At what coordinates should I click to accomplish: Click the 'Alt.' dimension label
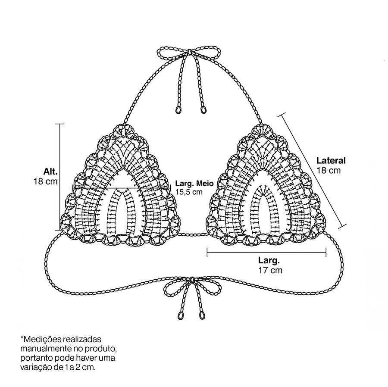50,171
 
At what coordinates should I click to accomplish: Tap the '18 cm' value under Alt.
46,181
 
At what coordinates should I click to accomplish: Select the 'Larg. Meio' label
194,184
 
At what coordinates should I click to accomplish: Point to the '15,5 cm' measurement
189,192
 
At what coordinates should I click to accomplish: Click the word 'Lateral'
331,160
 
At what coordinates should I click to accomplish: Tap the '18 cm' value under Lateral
329,170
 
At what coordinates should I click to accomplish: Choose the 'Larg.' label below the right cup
269,260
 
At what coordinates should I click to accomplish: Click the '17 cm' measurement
270,270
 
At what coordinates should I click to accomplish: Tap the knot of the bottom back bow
191,280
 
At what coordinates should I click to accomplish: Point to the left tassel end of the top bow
178,110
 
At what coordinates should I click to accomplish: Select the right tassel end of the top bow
203,110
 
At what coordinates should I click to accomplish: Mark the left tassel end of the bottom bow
180,315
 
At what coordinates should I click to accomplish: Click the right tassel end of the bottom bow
202,315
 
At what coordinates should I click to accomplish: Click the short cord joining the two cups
193,234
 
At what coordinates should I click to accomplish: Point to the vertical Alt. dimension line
60,177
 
